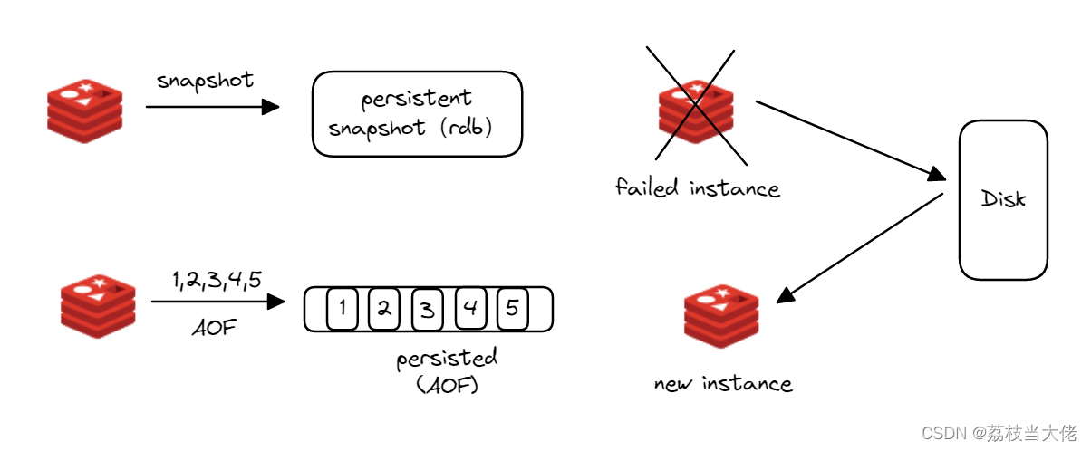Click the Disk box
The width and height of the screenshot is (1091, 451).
(x=1003, y=199)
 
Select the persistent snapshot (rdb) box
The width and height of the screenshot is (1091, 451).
(x=418, y=114)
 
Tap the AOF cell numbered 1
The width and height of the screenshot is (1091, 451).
(x=342, y=310)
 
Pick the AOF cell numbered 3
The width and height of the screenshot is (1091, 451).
(x=427, y=310)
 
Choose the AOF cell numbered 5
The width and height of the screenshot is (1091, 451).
(x=512, y=310)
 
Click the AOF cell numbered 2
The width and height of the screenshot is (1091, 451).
(x=383, y=310)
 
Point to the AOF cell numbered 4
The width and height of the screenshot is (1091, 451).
(x=469, y=310)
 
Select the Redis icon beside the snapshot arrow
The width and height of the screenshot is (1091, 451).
(x=83, y=110)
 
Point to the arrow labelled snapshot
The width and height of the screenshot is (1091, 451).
(x=212, y=107)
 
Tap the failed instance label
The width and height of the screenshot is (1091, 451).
(x=697, y=188)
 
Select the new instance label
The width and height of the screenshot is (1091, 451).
(x=723, y=384)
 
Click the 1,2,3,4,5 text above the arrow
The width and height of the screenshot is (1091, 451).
(x=217, y=280)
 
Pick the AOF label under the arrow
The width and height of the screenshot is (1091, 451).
(x=214, y=327)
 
